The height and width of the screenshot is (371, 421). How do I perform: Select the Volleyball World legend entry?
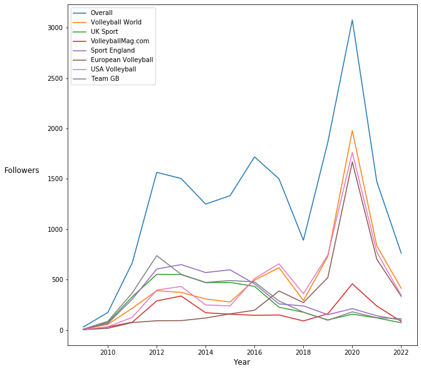click(115, 22)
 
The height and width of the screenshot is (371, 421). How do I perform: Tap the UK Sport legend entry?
click(104, 31)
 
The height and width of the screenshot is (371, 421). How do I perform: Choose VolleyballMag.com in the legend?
click(120, 41)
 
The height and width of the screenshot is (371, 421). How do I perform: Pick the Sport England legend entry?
click(112, 50)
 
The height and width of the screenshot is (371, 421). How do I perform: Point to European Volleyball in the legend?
click(122, 60)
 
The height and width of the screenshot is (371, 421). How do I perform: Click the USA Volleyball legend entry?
click(113, 69)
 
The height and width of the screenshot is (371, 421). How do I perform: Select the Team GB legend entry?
click(105, 78)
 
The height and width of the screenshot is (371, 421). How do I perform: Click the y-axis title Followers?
click(22, 170)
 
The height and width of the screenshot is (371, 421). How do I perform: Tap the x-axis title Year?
click(242, 362)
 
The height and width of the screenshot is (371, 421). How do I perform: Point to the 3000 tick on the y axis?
click(55, 28)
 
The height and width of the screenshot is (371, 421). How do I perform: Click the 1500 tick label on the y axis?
click(55, 179)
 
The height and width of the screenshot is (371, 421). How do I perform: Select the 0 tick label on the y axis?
click(61, 330)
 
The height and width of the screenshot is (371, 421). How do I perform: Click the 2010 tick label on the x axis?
click(108, 352)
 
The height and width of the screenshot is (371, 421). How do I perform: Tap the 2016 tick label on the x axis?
click(254, 352)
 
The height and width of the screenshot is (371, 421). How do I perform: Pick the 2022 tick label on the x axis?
click(400, 352)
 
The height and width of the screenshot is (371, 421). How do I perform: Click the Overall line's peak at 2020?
click(352, 21)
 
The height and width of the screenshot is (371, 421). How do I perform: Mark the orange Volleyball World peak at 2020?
click(352, 131)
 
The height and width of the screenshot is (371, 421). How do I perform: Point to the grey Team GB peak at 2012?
click(157, 256)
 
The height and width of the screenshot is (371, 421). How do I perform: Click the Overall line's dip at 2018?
click(303, 239)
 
